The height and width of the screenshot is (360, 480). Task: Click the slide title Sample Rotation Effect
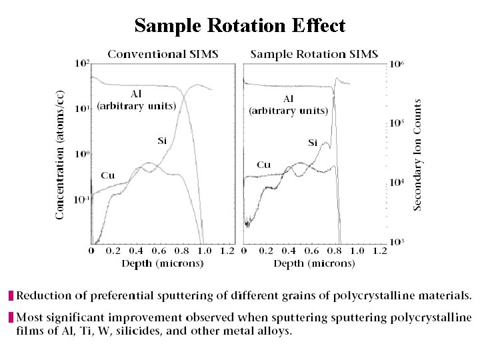coord(240,25)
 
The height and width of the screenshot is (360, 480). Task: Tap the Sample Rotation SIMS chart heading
coord(314,53)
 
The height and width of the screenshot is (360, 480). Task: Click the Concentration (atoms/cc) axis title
coord(60,154)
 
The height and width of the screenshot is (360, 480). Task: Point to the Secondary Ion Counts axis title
coord(418,155)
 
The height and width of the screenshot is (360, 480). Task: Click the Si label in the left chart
coord(162,140)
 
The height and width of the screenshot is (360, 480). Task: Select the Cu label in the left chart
coord(107,175)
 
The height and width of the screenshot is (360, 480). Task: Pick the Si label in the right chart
coord(313,143)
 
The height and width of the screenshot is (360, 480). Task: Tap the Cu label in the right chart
coord(264,165)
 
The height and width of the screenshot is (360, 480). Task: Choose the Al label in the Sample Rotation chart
coord(288,99)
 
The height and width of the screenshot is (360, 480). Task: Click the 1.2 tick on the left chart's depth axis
coord(227,251)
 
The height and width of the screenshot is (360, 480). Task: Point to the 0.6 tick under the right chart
coord(312,251)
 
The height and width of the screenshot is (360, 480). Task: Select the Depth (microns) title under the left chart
coord(162,263)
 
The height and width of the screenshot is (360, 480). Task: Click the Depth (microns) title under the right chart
coord(314,263)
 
